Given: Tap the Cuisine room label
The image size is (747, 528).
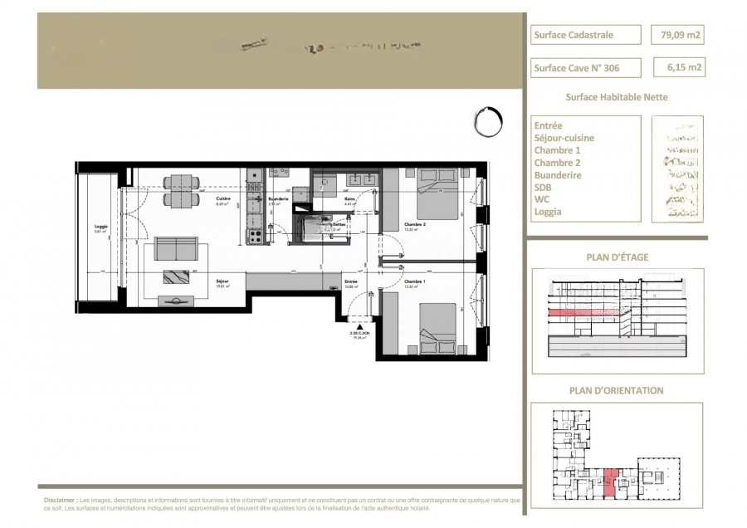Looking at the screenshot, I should (x=222, y=200).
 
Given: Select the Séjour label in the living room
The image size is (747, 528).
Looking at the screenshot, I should (x=222, y=281).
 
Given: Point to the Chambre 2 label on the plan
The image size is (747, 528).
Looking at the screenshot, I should (x=415, y=225).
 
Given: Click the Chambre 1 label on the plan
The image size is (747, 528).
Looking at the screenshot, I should (x=415, y=282).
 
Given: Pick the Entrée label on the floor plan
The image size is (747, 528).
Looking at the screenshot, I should (x=352, y=282).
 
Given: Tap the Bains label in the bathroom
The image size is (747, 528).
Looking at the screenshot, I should (x=350, y=200).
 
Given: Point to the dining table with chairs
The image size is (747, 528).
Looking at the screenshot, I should (x=179, y=190).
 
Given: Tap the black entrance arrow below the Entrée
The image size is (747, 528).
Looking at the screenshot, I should (x=359, y=329).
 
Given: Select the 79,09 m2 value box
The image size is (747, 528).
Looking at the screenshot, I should (x=678, y=35).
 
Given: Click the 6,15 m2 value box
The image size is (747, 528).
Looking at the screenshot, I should (x=678, y=66).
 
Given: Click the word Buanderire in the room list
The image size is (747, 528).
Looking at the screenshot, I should (x=558, y=175).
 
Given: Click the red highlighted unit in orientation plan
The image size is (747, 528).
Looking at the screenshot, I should (x=611, y=481).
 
